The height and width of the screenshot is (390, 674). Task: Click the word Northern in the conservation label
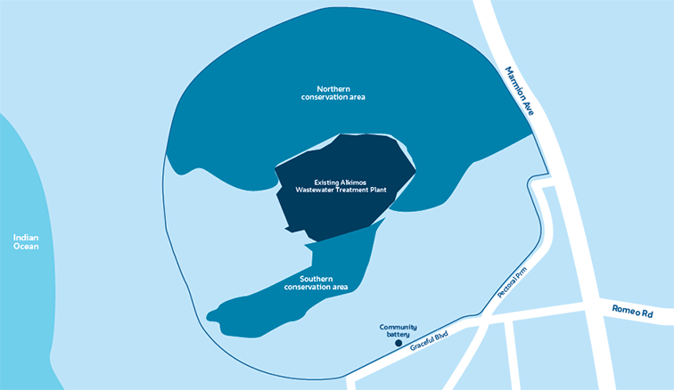(333, 88)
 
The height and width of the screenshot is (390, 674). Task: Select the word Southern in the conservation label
(316, 279)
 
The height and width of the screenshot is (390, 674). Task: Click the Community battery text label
(398, 329)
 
